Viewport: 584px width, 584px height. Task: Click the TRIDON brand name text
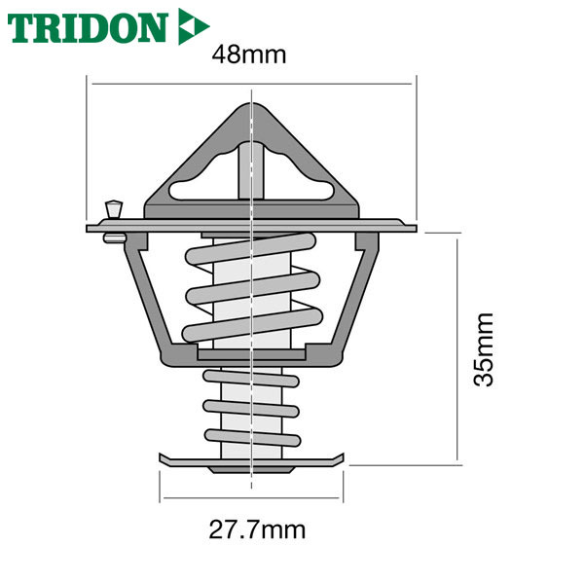pyautogui.click(x=87, y=28)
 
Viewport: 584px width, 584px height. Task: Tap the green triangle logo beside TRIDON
pyautogui.click(x=193, y=26)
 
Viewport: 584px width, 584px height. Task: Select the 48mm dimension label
pyautogui.click(x=249, y=55)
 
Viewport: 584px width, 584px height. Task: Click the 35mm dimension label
pyautogui.click(x=483, y=349)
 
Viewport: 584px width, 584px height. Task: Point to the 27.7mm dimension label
pyautogui.click(x=257, y=529)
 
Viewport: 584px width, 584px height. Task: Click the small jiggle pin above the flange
pyautogui.click(x=114, y=209)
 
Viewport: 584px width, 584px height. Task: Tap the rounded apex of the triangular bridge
pyautogui.click(x=252, y=108)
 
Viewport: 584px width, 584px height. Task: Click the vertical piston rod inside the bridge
pyautogui.click(x=251, y=170)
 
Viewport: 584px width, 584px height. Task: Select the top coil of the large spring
pyautogui.click(x=251, y=248)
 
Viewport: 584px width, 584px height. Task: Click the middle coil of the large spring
pyautogui.click(x=252, y=288)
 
